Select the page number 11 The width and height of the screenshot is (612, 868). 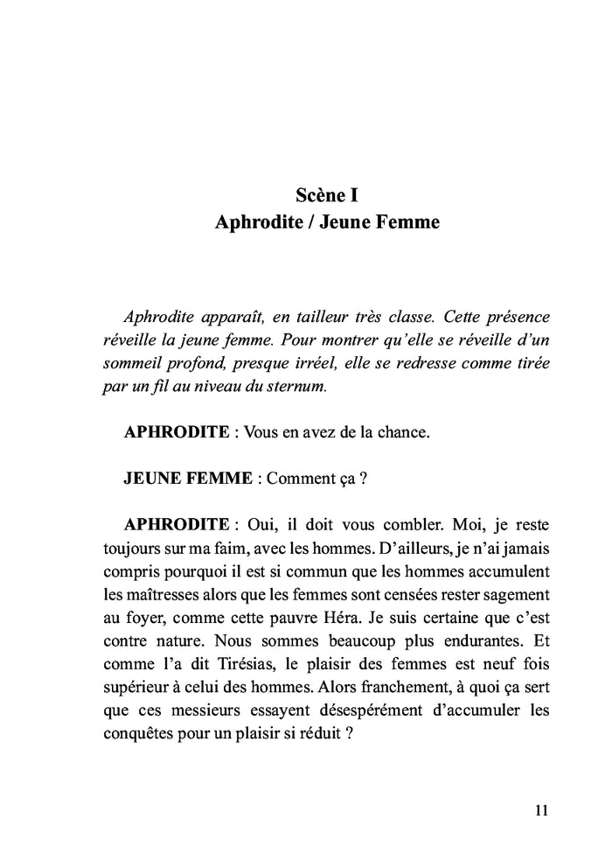[540, 809]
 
